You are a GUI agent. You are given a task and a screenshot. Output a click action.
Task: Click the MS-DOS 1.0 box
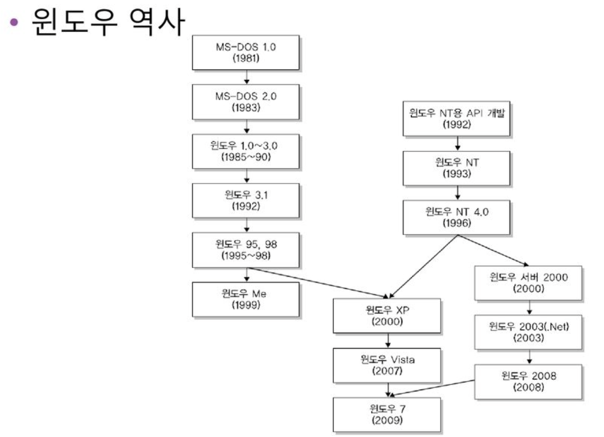(246, 53)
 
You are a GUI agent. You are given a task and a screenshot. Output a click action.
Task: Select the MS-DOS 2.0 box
(246, 102)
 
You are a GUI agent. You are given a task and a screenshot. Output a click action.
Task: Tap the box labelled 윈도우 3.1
(246, 200)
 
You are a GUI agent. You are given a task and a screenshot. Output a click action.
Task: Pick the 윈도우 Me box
(246, 299)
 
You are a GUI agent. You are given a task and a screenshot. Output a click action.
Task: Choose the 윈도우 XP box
(387, 315)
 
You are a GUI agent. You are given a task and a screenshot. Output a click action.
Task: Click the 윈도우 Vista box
(387, 365)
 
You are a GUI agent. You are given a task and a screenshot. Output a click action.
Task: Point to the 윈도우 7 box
(387, 414)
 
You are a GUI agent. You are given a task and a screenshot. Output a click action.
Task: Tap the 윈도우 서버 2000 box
(528, 283)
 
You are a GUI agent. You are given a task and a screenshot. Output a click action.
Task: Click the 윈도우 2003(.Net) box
(528, 332)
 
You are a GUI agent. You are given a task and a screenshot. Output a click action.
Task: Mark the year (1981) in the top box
(246, 59)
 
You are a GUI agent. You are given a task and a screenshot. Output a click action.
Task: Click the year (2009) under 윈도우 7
(387, 421)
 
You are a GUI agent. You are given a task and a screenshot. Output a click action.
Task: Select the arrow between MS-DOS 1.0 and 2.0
(246, 77)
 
